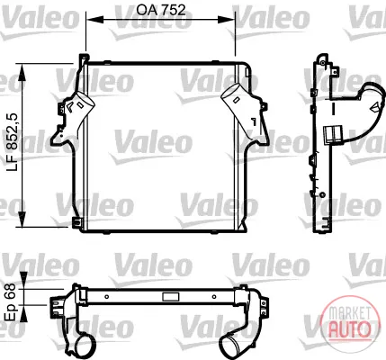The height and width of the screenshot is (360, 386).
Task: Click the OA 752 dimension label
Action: pos(161,10)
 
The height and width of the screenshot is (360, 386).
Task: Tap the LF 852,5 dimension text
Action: pos(13,142)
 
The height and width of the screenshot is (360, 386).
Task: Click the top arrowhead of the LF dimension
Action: pos(22,73)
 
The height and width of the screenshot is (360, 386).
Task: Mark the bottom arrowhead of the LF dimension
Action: pos(22,219)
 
